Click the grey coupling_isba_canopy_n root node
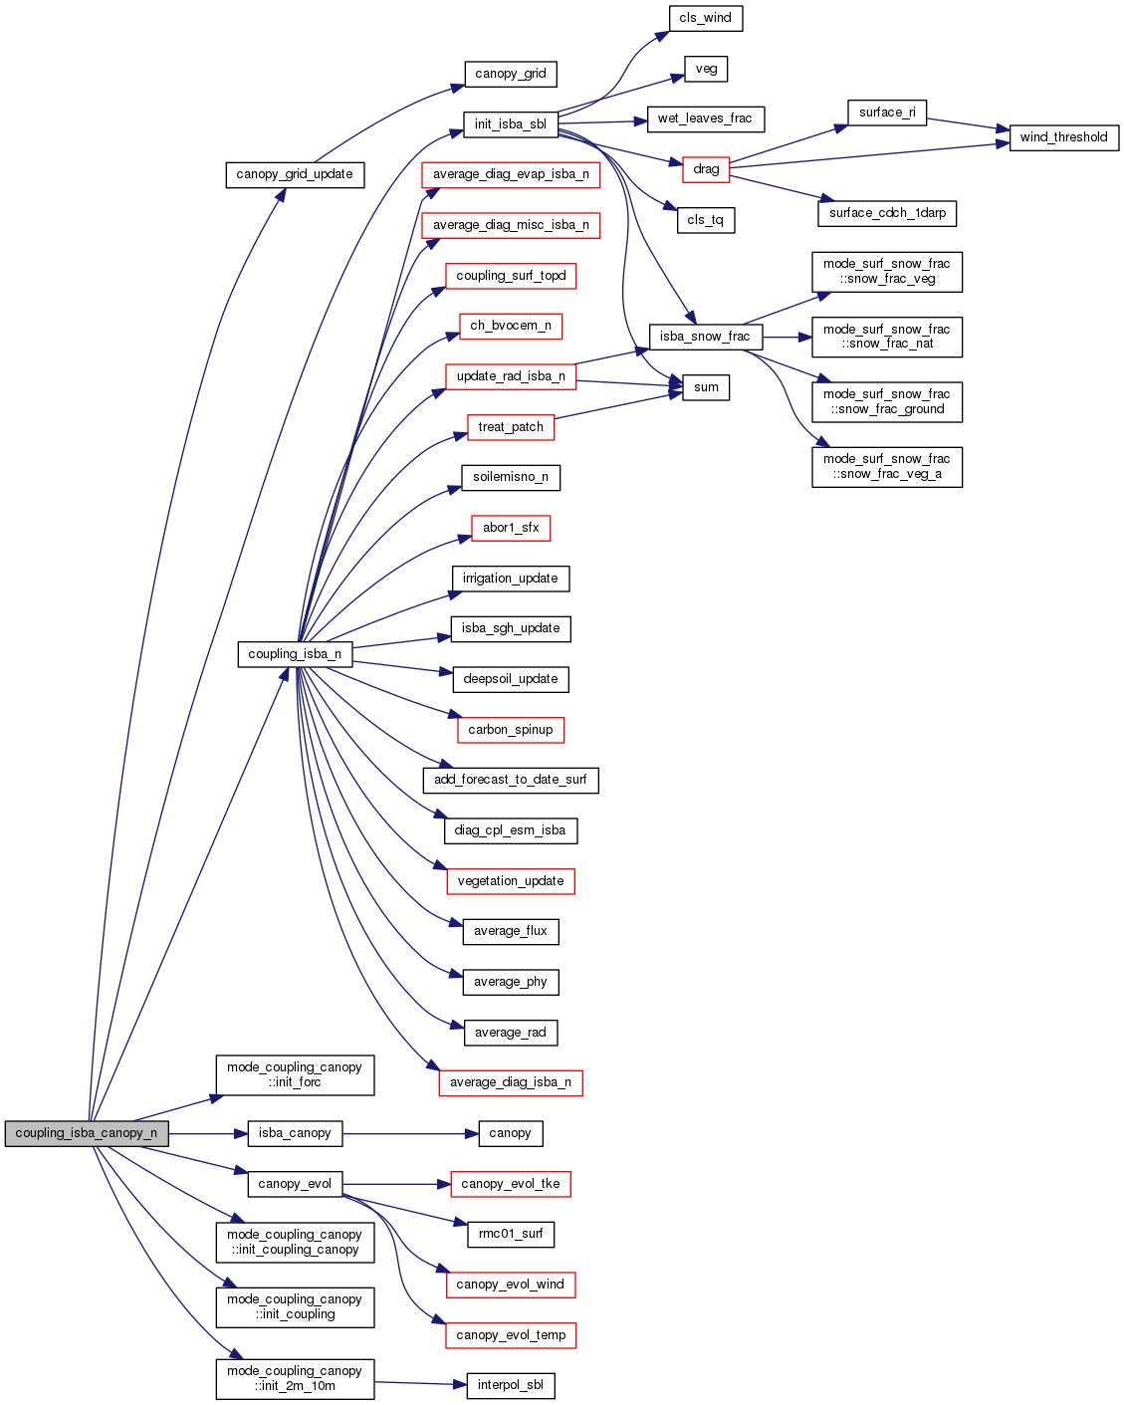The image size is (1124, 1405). click(x=87, y=1133)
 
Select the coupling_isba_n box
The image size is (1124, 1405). click(x=295, y=654)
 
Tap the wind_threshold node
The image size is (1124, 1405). click(x=1063, y=137)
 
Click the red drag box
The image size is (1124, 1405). click(x=706, y=169)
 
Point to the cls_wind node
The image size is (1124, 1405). click(x=705, y=18)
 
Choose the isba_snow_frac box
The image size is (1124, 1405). click(x=705, y=337)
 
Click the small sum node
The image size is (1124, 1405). click(x=706, y=387)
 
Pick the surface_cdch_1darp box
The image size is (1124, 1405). click(x=887, y=213)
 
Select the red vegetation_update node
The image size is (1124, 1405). click(x=511, y=881)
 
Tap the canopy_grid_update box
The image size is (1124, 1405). click(x=295, y=174)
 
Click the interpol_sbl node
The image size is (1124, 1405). click(x=511, y=1385)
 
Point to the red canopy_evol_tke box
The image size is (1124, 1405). click(x=511, y=1184)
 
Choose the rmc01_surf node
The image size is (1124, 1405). click(x=511, y=1234)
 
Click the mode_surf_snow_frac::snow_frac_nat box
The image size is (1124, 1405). click(x=887, y=337)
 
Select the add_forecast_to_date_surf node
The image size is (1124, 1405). click(x=511, y=780)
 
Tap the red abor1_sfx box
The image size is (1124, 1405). click(x=511, y=528)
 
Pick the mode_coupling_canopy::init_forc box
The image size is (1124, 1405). click(x=295, y=1075)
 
